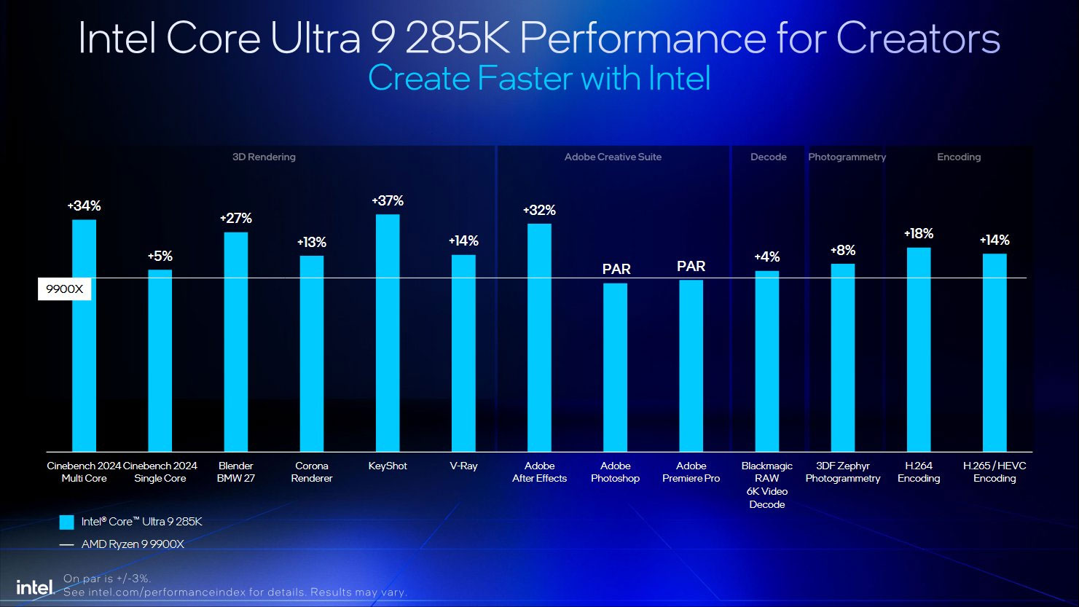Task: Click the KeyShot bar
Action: (388, 333)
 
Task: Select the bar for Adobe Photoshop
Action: (615, 367)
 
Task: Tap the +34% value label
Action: (84, 206)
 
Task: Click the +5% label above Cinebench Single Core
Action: (160, 256)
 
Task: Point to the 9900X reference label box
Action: (65, 289)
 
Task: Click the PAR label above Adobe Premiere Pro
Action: (691, 267)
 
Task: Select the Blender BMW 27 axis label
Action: (235, 472)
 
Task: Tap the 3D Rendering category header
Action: (264, 157)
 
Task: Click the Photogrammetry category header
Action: (847, 157)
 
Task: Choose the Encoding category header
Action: (959, 157)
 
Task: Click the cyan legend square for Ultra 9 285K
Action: (67, 522)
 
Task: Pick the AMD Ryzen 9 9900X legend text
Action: (133, 544)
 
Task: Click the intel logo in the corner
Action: (35, 587)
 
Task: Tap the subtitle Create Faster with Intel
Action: (539, 78)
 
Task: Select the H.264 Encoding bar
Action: (918, 350)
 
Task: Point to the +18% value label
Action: (918, 234)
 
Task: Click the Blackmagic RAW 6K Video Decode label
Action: (766, 485)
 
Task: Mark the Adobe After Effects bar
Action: (539, 337)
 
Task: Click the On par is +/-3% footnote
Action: (107, 579)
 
